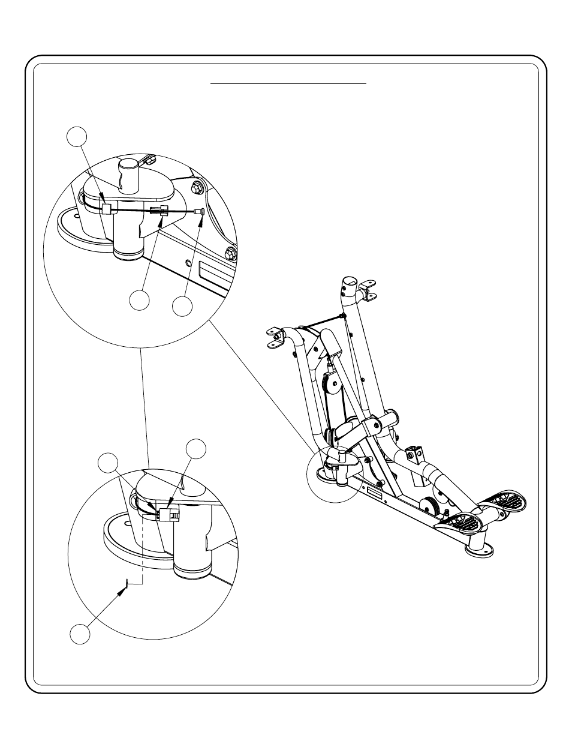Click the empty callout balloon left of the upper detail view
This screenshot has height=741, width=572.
[x=76, y=136]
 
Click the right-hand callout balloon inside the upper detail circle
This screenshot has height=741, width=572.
[x=183, y=306]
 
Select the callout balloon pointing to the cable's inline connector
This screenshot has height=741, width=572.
[x=140, y=301]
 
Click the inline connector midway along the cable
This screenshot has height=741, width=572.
[x=158, y=211]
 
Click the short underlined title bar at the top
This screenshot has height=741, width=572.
[x=288, y=84]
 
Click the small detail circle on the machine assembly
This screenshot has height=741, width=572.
[x=332, y=472]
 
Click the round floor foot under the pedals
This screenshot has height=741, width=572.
[x=480, y=549]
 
